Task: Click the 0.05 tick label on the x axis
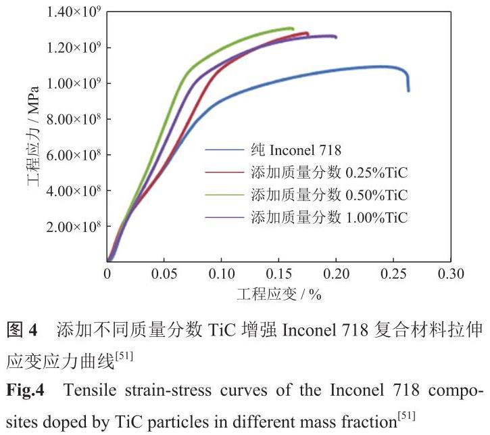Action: point(164,274)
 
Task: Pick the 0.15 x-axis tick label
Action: point(278,274)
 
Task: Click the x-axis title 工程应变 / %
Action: point(278,295)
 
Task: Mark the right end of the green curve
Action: point(293,28)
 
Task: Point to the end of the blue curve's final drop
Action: point(408,91)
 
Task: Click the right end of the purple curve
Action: point(336,37)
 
